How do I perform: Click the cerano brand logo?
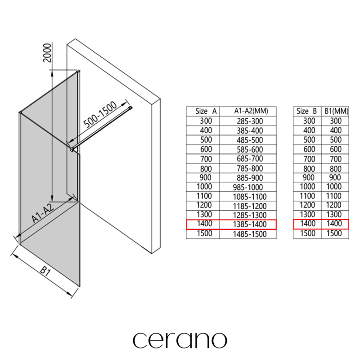click(x=180, y=341)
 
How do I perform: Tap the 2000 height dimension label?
click(x=47, y=53)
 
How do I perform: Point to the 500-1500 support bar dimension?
click(x=100, y=115)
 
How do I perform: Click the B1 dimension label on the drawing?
click(x=45, y=271)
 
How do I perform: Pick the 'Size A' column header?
click(x=206, y=111)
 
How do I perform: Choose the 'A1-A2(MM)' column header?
click(x=251, y=111)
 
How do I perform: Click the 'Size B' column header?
click(x=306, y=111)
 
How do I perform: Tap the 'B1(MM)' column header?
click(x=336, y=111)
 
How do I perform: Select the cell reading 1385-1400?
click(x=250, y=224)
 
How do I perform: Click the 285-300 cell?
click(x=250, y=121)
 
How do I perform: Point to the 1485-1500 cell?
click(x=250, y=234)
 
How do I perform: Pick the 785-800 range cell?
click(x=250, y=168)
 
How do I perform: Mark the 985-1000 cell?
click(x=248, y=187)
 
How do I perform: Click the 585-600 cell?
click(x=250, y=150)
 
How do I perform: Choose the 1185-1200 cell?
click(x=250, y=206)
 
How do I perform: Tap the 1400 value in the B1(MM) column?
click(x=334, y=223)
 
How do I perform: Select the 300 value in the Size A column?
click(x=206, y=121)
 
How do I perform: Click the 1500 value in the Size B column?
click(x=308, y=233)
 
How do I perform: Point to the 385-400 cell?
click(x=250, y=131)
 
